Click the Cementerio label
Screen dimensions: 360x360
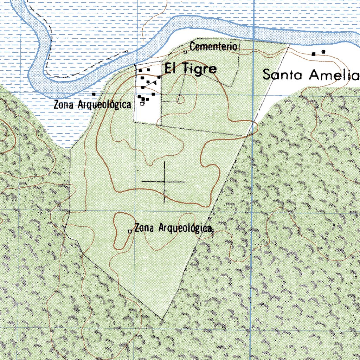click(x=213, y=46)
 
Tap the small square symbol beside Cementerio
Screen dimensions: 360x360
click(x=185, y=52)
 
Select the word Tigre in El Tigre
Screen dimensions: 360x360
click(x=199, y=69)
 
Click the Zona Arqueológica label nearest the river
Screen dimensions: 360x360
click(x=92, y=104)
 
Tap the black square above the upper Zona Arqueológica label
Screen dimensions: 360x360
click(x=94, y=94)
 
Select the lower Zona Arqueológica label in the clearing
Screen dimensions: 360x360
click(x=173, y=228)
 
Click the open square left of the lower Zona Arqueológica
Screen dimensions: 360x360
click(x=130, y=231)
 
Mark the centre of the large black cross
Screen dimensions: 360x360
click(x=164, y=182)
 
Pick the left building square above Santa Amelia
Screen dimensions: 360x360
click(x=314, y=54)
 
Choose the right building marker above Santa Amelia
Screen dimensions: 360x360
click(x=323, y=52)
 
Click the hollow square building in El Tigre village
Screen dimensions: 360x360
click(x=142, y=103)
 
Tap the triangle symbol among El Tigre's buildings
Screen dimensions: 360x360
click(x=155, y=83)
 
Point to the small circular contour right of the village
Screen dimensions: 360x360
click(x=180, y=99)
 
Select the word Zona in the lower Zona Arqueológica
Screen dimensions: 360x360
click(x=144, y=228)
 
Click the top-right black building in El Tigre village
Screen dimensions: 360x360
click(x=148, y=70)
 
